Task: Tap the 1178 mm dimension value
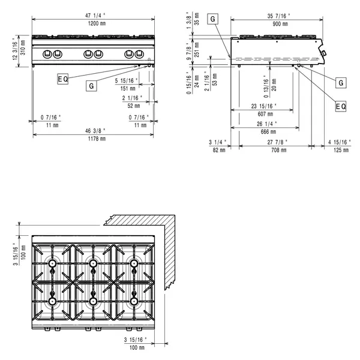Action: (93, 138)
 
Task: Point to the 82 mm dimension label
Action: (218, 150)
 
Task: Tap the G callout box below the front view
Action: (91, 86)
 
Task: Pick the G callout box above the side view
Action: (213, 19)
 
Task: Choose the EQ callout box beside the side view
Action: (340, 106)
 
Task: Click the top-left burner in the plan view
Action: (53, 264)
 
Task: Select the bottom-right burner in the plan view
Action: (132, 301)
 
